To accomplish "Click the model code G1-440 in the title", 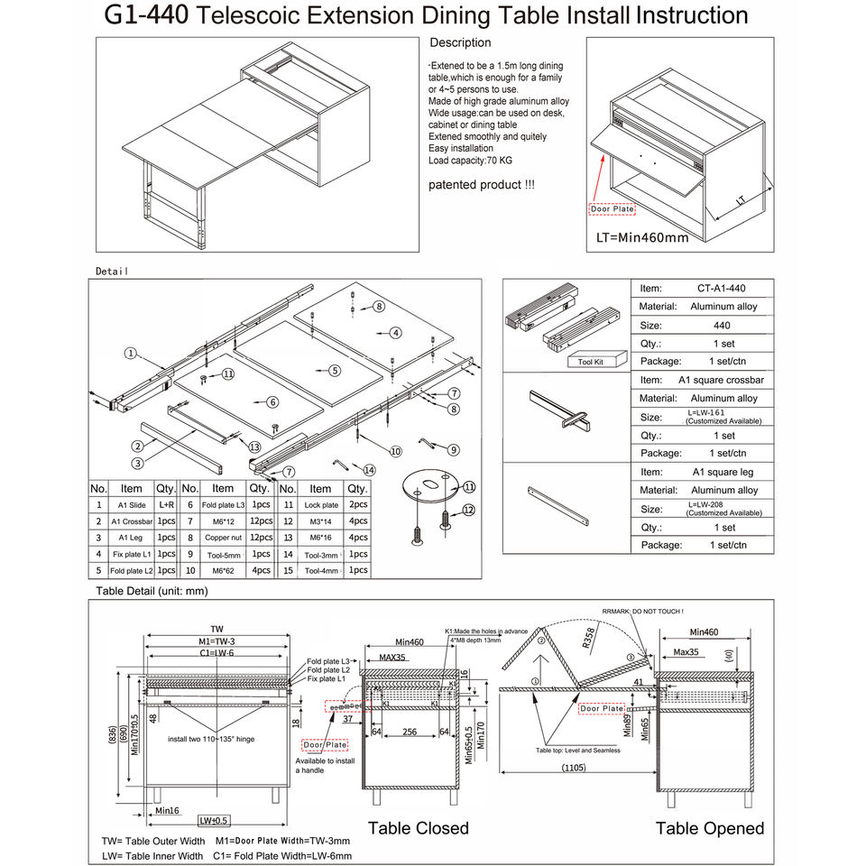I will (145, 15).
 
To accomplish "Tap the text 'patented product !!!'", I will (482, 185).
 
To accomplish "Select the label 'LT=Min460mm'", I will (642, 238).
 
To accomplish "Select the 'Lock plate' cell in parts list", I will (321, 505).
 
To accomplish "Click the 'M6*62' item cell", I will (221, 570).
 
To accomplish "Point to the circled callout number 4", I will (395, 332).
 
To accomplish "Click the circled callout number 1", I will (131, 354).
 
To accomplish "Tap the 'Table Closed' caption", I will (419, 828).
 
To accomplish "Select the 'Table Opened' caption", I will (709, 828).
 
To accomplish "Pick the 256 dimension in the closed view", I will (410, 732).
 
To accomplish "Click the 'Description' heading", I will (460, 42).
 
